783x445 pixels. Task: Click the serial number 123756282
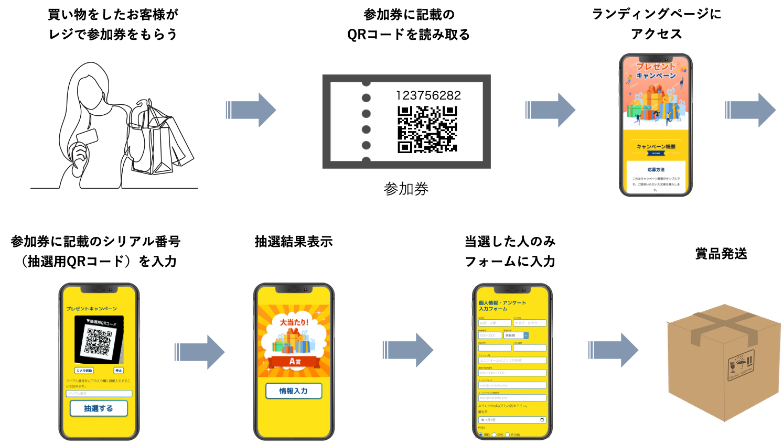[x=428, y=95]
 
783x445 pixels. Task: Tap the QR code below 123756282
[x=427, y=129]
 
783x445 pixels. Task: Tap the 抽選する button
[x=99, y=408]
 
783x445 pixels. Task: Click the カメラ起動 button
[x=84, y=371]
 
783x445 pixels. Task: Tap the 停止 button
[x=119, y=371]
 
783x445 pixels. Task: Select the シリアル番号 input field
[x=99, y=394]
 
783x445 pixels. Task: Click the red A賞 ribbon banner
[x=294, y=361]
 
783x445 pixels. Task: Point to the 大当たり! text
[x=294, y=322]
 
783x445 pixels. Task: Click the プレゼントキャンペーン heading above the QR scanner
[x=92, y=309]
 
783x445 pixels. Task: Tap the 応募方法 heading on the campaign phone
[x=656, y=170]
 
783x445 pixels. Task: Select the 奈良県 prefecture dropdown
[x=516, y=335]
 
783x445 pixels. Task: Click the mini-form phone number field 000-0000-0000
[x=512, y=373]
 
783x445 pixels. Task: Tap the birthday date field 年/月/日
[x=512, y=420]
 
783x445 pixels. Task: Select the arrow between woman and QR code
[x=273, y=110]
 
